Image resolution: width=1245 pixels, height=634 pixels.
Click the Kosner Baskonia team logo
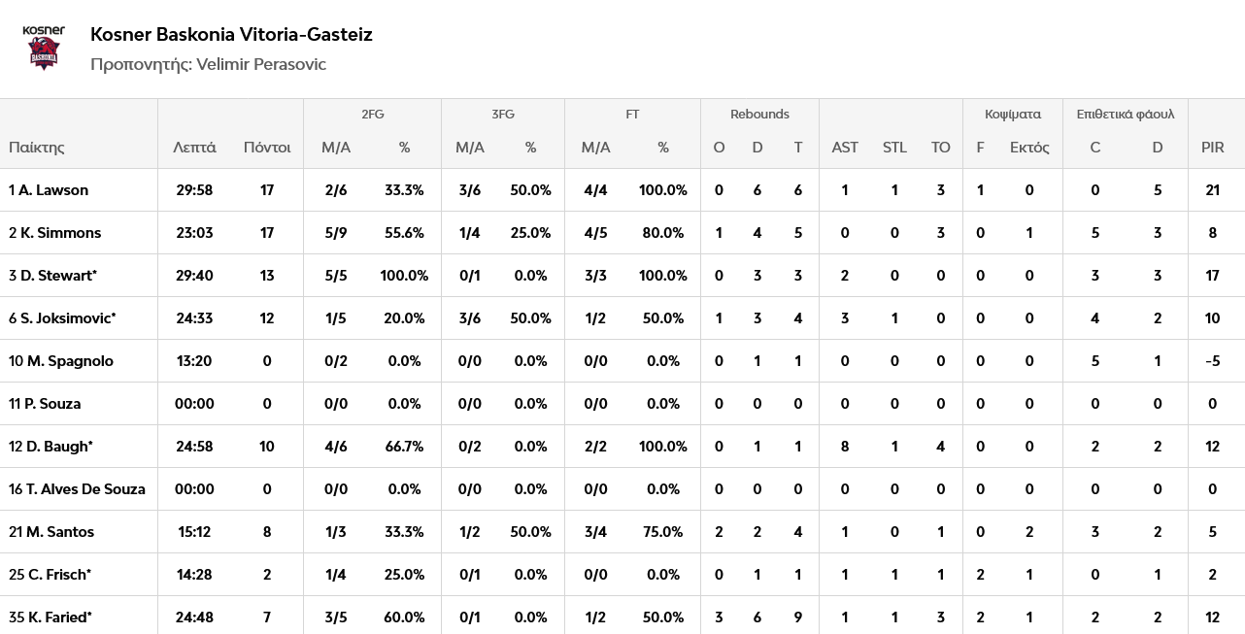coord(44,48)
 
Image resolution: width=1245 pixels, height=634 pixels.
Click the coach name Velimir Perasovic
coord(261,64)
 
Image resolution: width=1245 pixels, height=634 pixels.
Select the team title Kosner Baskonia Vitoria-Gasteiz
coord(231,34)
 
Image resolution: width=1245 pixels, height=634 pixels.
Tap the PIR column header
coord(1212,148)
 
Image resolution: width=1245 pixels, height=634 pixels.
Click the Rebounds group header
coord(759,114)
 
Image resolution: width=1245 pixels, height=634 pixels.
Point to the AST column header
coord(844,148)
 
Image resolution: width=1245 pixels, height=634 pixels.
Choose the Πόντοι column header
coord(267,148)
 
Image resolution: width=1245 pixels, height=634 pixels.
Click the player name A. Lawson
coord(53,190)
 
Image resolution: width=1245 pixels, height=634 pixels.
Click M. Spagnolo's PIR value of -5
coord(1212,361)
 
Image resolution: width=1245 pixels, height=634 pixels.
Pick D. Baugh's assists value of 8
coord(844,447)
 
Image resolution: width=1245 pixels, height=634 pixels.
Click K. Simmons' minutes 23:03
coord(194,233)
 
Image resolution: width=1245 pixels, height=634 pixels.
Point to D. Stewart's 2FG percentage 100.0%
coord(404,276)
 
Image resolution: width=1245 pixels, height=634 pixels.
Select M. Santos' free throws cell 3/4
coord(595,532)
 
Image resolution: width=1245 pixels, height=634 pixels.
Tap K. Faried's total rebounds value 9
coord(797,617)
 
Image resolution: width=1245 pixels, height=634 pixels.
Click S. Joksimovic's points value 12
coord(267,318)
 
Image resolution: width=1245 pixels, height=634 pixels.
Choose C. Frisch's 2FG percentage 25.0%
coord(404,575)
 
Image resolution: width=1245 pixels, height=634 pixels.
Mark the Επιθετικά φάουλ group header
coord(1125,114)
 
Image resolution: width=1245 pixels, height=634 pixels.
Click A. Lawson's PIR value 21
coord(1212,190)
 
